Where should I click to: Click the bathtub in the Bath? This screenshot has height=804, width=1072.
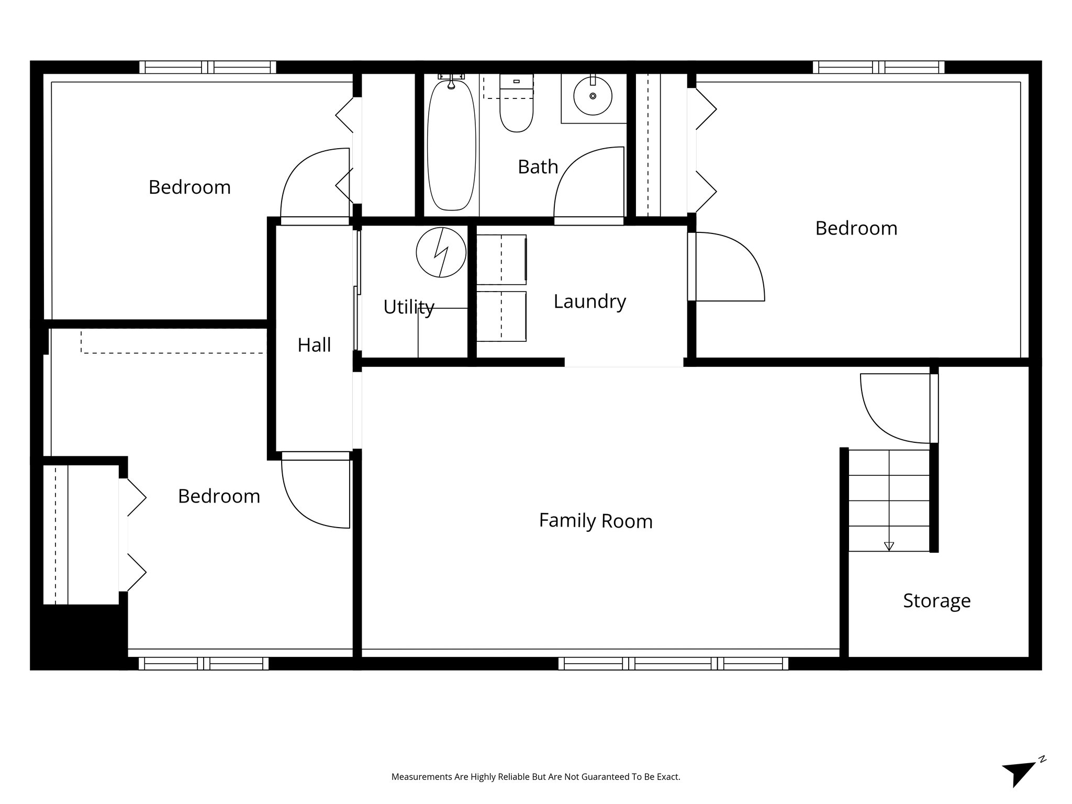tap(451, 144)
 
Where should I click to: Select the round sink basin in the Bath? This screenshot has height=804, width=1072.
tap(593, 96)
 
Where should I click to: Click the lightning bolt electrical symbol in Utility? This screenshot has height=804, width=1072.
tap(441, 252)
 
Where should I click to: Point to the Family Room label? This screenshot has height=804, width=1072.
tap(596, 521)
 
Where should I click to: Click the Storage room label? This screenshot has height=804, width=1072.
tap(936, 600)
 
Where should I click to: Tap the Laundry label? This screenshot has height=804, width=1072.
tap(589, 301)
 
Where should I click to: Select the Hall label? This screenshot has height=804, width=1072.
tap(314, 345)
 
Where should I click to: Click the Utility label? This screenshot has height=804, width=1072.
tap(408, 307)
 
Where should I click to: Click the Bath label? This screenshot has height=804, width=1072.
tap(538, 167)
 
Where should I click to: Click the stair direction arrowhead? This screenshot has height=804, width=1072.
tap(888, 546)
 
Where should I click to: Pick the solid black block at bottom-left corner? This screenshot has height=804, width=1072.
tap(79, 636)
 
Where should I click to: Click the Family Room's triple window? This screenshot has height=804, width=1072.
tap(673, 664)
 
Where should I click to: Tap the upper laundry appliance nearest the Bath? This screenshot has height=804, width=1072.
tap(501, 259)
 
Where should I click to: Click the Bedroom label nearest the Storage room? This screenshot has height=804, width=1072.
tap(856, 228)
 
